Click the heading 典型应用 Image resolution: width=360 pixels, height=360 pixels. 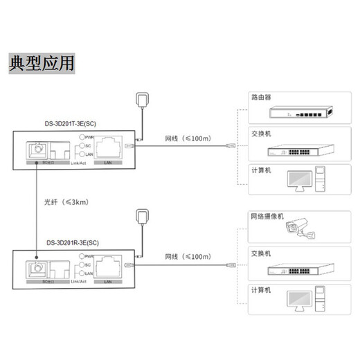tap(42, 63)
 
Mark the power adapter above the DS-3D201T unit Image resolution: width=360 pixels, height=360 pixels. tap(144, 100)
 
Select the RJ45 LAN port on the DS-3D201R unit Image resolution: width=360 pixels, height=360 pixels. tap(107, 266)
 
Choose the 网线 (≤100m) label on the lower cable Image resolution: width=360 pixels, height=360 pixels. tap(187, 257)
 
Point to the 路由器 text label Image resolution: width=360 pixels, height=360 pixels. tap(261, 98)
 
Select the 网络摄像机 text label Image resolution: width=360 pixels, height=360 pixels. tap(267, 216)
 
